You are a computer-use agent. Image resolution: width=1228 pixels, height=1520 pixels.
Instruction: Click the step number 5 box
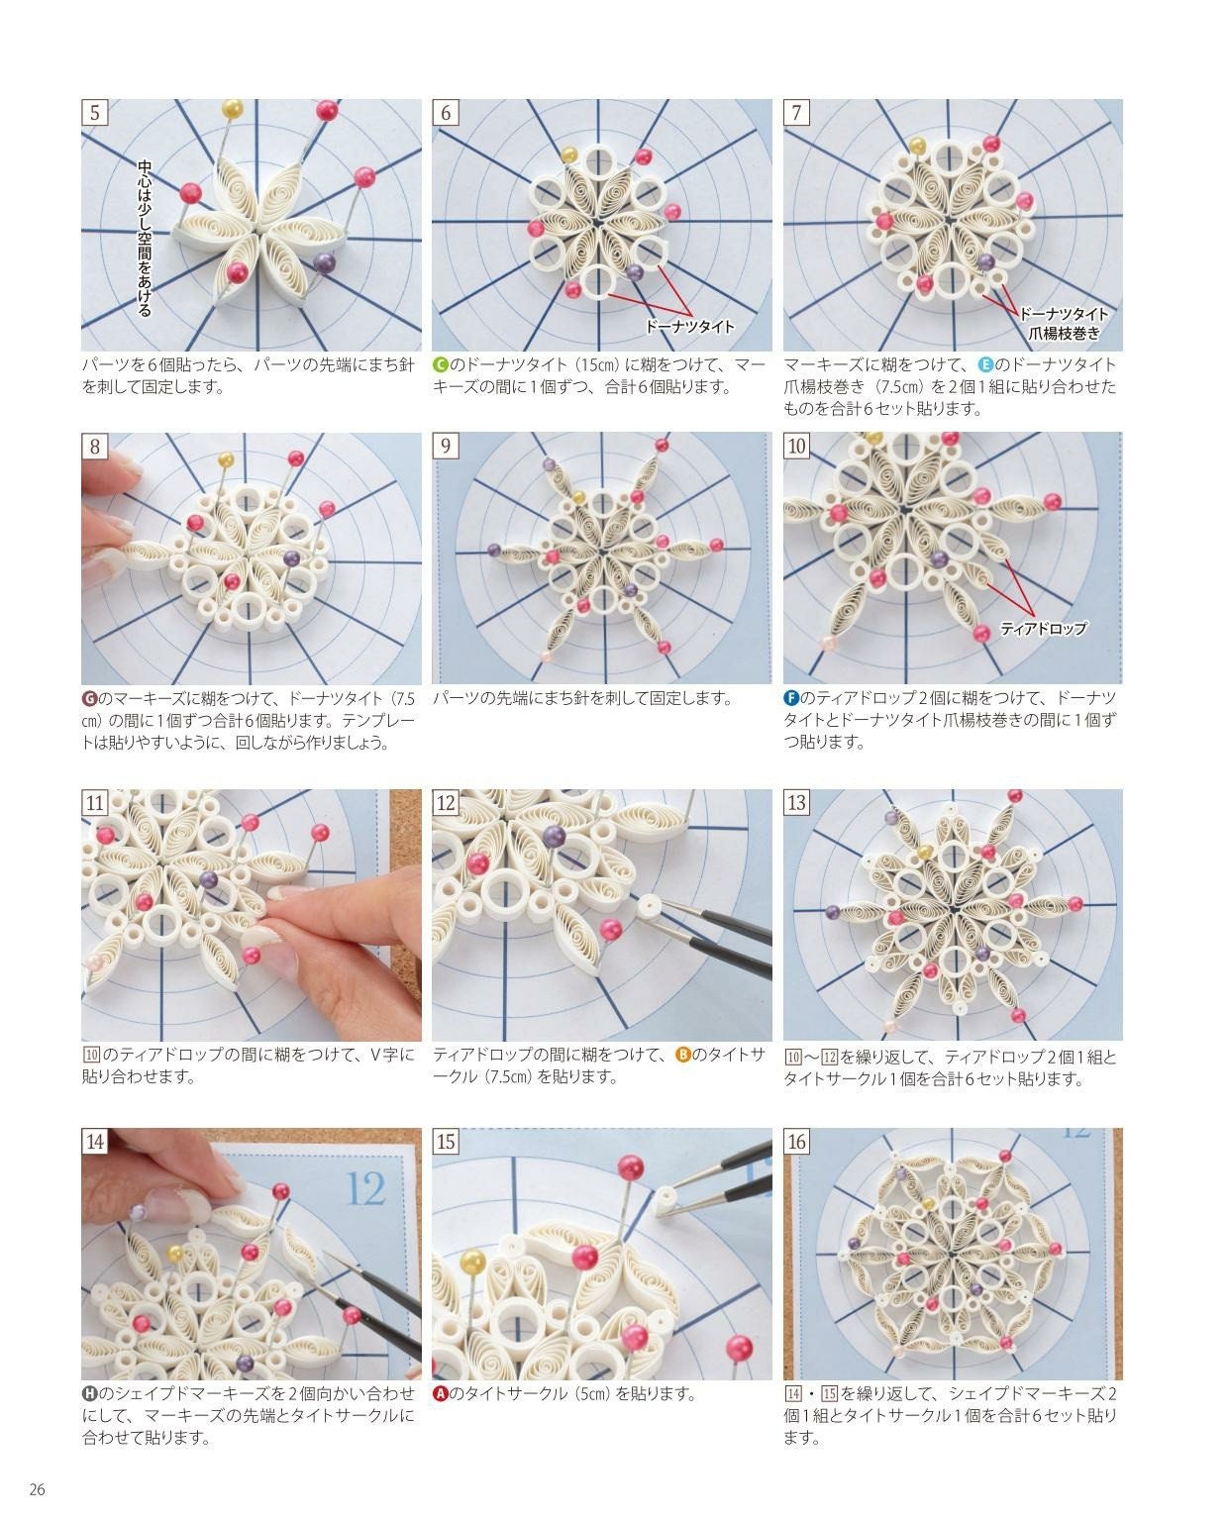pyautogui.click(x=95, y=112)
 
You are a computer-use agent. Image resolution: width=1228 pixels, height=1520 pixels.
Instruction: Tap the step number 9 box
pyautogui.click(x=446, y=446)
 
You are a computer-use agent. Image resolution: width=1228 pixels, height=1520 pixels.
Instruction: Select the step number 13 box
pyautogui.click(x=797, y=802)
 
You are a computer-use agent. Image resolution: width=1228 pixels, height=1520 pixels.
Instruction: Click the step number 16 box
pyautogui.click(x=797, y=1142)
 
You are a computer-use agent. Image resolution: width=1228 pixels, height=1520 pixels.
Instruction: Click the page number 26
pyautogui.click(x=38, y=1490)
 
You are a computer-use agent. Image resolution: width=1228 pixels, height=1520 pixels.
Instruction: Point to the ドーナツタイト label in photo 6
pyautogui.click(x=689, y=326)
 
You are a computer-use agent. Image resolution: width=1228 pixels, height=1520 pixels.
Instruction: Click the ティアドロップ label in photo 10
pyautogui.click(x=1044, y=628)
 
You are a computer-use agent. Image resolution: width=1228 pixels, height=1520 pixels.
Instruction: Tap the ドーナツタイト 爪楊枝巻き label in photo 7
pyautogui.click(x=1064, y=324)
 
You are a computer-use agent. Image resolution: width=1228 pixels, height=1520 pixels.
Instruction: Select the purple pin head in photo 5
pyautogui.click(x=324, y=262)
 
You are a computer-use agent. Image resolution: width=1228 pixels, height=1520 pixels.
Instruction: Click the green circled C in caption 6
pyautogui.click(x=441, y=364)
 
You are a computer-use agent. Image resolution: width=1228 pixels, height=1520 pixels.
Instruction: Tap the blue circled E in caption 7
pyautogui.click(x=985, y=364)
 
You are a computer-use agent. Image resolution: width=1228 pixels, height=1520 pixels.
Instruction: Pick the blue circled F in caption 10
pyautogui.click(x=791, y=698)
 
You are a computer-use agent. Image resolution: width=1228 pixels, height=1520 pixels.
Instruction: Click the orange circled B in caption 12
pyautogui.click(x=682, y=1055)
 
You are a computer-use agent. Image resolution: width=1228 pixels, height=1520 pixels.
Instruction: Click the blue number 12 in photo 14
pyautogui.click(x=366, y=1187)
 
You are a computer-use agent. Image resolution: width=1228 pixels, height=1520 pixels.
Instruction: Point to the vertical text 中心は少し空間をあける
pyautogui.click(x=145, y=238)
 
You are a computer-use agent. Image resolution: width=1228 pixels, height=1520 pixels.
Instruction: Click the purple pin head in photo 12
pyautogui.click(x=555, y=837)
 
